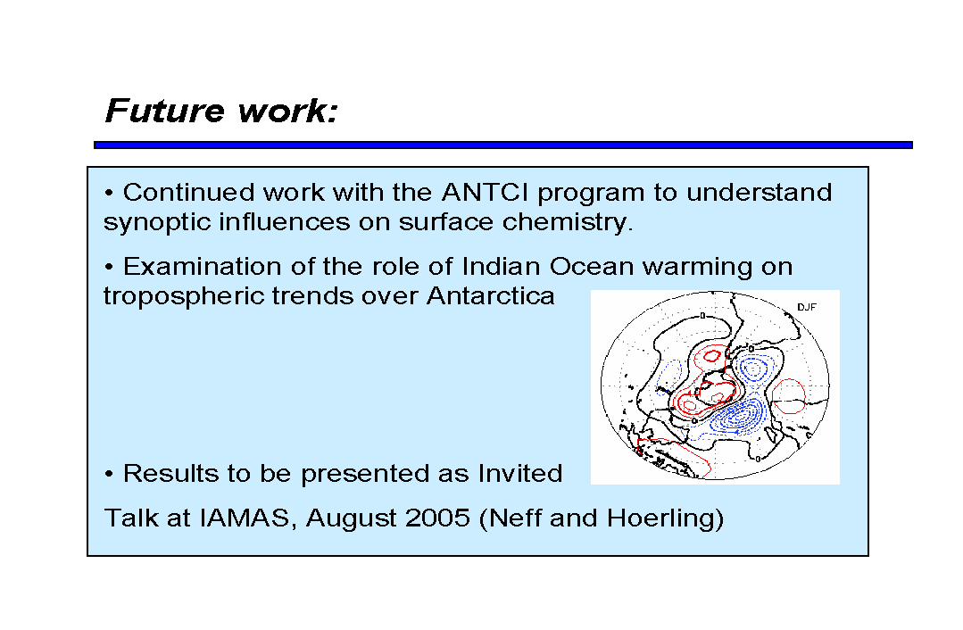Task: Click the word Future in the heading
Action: [164, 112]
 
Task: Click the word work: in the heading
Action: [288, 112]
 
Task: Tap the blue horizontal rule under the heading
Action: [503, 145]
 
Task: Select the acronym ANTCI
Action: [485, 193]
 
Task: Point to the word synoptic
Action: [156, 223]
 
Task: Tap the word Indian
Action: [501, 267]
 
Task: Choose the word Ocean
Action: [592, 267]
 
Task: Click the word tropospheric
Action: [183, 296]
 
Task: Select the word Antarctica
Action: [491, 296]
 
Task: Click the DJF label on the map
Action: [807, 307]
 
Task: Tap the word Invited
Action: [520, 474]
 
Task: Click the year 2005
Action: [438, 518]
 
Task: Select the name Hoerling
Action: [665, 518]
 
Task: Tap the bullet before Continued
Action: [109, 194]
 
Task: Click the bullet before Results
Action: [109, 475]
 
